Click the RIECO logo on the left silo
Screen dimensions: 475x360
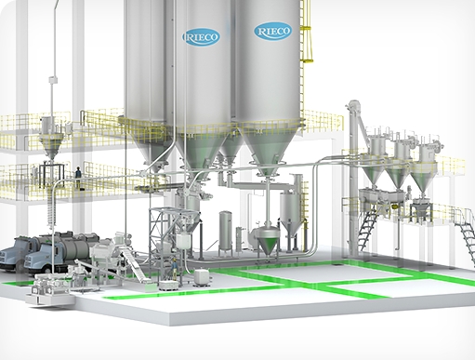point(201,37)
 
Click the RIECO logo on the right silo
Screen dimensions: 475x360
point(273,31)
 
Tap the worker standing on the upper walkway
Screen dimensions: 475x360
point(78,178)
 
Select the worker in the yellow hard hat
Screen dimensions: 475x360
point(175,269)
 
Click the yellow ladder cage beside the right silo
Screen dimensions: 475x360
point(307,32)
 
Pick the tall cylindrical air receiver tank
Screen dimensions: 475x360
point(225,232)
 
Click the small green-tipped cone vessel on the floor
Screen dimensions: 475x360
point(267,240)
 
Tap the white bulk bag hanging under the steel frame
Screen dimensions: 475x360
point(184,242)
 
